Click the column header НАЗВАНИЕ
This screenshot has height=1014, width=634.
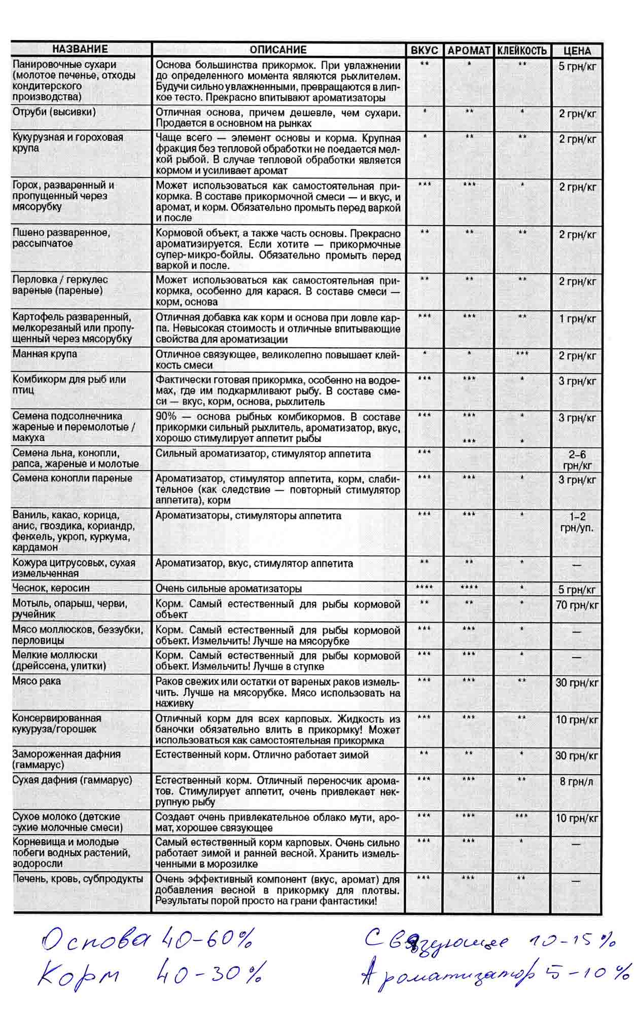80,49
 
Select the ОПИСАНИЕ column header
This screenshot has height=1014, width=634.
278,50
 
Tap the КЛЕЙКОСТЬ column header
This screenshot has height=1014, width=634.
522,51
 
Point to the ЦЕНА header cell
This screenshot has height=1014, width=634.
577,51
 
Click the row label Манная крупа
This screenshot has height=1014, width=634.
45,354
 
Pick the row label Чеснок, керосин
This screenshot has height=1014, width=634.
51,588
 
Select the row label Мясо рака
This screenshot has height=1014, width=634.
37,681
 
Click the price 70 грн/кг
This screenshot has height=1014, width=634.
577,605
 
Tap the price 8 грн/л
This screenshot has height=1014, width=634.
577,781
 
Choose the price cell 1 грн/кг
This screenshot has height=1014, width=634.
577,319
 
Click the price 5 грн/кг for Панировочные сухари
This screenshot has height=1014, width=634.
577,66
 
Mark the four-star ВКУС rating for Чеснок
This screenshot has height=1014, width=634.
424,588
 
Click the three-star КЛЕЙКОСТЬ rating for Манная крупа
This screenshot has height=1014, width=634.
521,353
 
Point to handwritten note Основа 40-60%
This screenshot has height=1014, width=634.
147,941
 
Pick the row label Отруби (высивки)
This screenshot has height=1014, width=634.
54,112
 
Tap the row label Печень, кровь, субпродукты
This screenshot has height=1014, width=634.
78,879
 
